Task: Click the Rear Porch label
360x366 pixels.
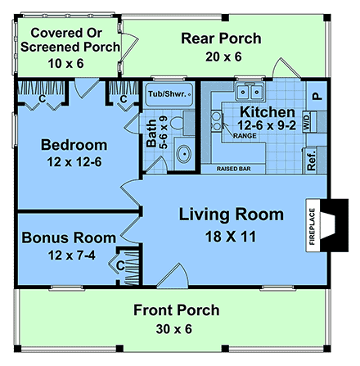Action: (x=221, y=38)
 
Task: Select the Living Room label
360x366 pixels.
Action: (x=232, y=215)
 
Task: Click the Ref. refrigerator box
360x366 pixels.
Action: (x=312, y=159)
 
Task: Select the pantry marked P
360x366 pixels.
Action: (x=317, y=95)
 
